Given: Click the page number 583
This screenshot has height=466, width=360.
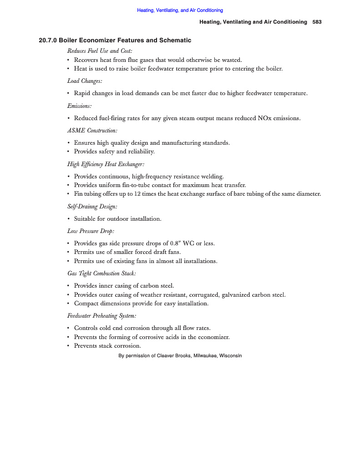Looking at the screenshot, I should pyautogui.click(x=317, y=22).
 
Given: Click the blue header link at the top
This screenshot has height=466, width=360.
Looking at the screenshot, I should pyautogui.click(x=180, y=10).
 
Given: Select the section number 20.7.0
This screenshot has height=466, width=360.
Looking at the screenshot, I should pyautogui.click(x=48, y=41).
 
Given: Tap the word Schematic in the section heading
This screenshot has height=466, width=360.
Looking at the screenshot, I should pyautogui.click(x=175, y=41).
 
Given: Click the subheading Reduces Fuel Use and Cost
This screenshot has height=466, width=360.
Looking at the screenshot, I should pyautogui.click(x=100, y=51).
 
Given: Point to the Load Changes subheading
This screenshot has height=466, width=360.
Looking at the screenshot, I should pyautogui.click(x=85, y=81).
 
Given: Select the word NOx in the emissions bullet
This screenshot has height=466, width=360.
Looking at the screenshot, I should pyautogui.click(x=266, y=118).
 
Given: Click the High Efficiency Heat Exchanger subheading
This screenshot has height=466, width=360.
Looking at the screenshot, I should pyautogui.click(x=106, y=164).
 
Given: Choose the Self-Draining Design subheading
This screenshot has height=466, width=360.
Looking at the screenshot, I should pyautogui.click(x=92, y=207).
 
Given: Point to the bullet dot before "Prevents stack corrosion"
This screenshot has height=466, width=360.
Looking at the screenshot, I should pyautogui.click(x=68, y=346).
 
